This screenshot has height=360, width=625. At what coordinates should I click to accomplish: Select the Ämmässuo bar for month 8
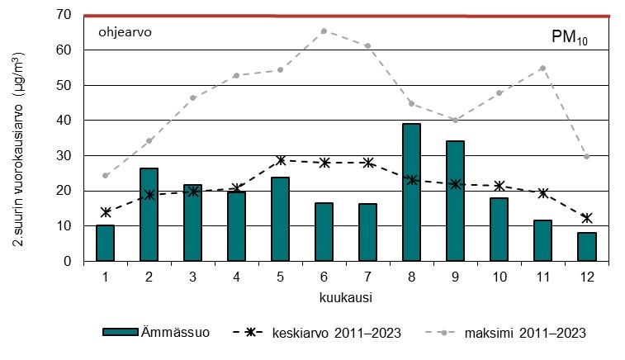(412, 192)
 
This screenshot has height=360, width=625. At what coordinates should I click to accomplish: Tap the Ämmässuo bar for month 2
(149, 215)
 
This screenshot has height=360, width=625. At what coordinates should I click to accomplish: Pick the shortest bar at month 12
(587, 247)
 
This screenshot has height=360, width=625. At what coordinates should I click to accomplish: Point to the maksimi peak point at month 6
(324, 31)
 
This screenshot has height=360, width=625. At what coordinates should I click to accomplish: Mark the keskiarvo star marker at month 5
(281, 160)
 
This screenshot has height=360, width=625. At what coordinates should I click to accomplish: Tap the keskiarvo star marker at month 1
(106, 212)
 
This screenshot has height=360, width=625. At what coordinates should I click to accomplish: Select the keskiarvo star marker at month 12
(587, 218)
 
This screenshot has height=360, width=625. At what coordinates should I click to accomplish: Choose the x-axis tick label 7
(368, 277)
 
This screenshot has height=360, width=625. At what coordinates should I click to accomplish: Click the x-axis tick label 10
(500, 277)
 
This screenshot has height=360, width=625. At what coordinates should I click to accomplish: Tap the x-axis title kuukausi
(346, 294)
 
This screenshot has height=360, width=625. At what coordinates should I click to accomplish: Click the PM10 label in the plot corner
(569, 38)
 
